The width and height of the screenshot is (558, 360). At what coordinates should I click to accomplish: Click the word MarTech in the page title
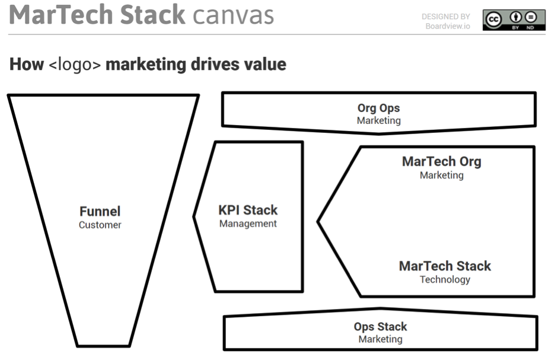pos(63,15)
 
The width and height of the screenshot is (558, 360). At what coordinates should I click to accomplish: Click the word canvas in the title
pos(233,15)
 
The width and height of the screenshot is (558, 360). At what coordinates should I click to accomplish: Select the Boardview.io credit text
pos(447,26)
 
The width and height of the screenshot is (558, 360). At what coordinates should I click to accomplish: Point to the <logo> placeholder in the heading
pos(74,65)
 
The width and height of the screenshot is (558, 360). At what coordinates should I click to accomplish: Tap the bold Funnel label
pos(100,211)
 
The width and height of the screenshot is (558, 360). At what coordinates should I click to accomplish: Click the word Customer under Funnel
pos(100,225)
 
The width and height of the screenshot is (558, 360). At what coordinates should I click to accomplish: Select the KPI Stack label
pos(248,210)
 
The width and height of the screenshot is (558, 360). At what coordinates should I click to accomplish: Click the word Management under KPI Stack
pos(248,224)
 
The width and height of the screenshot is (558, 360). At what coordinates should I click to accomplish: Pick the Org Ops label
pos(378,108)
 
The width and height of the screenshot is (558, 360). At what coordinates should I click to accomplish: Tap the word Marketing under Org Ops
pos(378,121)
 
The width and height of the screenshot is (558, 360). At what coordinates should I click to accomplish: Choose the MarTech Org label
pos(441,161)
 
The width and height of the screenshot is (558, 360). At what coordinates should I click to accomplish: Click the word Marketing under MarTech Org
pos(441,176)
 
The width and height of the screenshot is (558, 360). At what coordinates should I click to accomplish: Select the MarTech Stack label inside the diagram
pos(445,266)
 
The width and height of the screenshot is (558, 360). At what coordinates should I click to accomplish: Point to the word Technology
pos(445,280)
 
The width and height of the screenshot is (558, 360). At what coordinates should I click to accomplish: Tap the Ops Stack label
pos(380,326)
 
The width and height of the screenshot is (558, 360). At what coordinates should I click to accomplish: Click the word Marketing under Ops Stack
pos(380,340)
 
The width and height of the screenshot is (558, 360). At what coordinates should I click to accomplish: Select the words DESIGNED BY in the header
pos(445,17)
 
